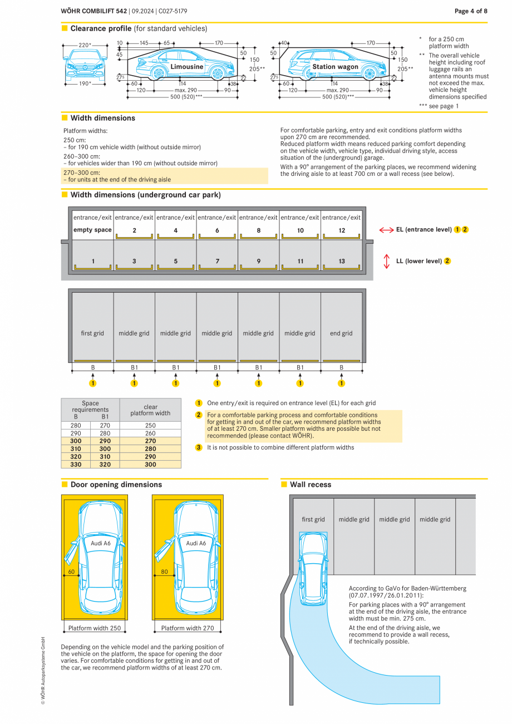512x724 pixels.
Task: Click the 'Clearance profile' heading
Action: (x=101, y=28)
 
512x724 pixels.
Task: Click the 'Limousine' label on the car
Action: (x=186, y=67)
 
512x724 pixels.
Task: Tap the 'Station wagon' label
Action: (x=335, y=67)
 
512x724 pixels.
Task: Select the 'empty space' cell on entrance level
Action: (x=92, y=230)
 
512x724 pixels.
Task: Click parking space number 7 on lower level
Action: (x=217, y=261)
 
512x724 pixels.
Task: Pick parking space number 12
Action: (x=341, y=230)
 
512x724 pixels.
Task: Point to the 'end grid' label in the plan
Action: (x=341, y=333)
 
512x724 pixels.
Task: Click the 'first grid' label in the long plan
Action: (x=92, y=333)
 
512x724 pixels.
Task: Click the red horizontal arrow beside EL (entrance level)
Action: (x=386, y=230)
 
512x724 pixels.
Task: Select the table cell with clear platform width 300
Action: (x=150, y=464)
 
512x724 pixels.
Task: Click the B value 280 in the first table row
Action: (x=76, y=425)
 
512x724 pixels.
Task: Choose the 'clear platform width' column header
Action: (x=150, y=410)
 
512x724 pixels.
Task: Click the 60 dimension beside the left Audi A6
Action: (x=71, y=572)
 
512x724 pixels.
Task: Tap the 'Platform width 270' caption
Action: (x=188, y=628)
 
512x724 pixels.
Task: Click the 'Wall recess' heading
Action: (x=310, y=485)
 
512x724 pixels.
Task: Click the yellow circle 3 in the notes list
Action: (x=199, y=447)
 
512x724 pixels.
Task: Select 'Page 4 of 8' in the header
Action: (x=471, y=11)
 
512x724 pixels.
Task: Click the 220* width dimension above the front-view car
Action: (x=85, y=45)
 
